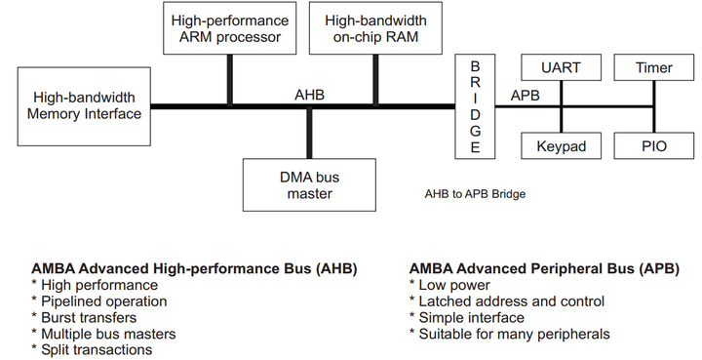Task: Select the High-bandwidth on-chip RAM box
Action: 373,28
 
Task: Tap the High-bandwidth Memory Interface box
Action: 85,106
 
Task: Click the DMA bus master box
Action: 309,184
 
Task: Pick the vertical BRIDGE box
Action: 475,106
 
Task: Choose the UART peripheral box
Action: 561,68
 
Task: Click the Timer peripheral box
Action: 653,68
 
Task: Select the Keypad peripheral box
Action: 561,145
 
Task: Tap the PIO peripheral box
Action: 653,145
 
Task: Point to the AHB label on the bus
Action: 309,95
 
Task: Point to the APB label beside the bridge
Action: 526,95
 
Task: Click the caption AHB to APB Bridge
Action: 475,194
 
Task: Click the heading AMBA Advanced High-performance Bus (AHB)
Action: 194,267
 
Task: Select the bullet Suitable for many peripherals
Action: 509,334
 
